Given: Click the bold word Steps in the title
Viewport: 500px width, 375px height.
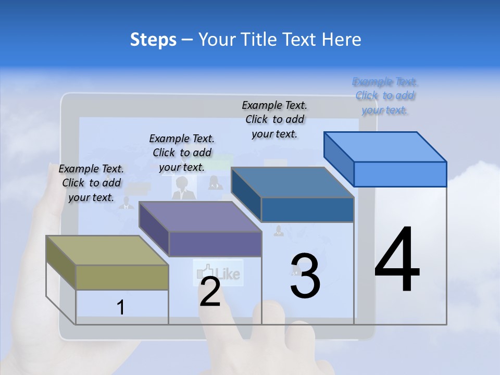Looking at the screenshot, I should [x=153, y=40].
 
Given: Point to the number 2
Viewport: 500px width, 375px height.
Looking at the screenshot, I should [x=210, y=292].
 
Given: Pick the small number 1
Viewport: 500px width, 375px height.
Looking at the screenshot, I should [x=121, y=307].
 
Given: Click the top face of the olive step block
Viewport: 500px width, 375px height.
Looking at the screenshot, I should [x=107, y=251].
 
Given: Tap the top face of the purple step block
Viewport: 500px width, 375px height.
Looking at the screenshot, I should [x=200, y=217].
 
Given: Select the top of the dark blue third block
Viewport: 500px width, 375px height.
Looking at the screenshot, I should [x=292, y=182].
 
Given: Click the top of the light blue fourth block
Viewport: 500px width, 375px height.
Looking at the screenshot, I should [x=385, y=146].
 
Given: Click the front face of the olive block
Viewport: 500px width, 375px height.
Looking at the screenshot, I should [x=122, y=277].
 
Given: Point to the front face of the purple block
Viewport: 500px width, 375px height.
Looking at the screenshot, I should [x=215, y=244].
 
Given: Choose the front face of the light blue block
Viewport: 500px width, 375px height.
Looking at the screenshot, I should [x=400, y=174].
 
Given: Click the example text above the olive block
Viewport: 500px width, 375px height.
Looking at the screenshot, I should [x=91, y=183].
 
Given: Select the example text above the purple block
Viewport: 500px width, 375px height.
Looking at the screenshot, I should [x=182, y=153].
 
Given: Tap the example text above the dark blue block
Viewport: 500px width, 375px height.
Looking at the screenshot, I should [x=274, y=119].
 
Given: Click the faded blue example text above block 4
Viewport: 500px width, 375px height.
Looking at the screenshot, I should [x=385, y=96].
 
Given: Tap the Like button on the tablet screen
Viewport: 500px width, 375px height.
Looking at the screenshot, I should [x=219, y=272].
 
